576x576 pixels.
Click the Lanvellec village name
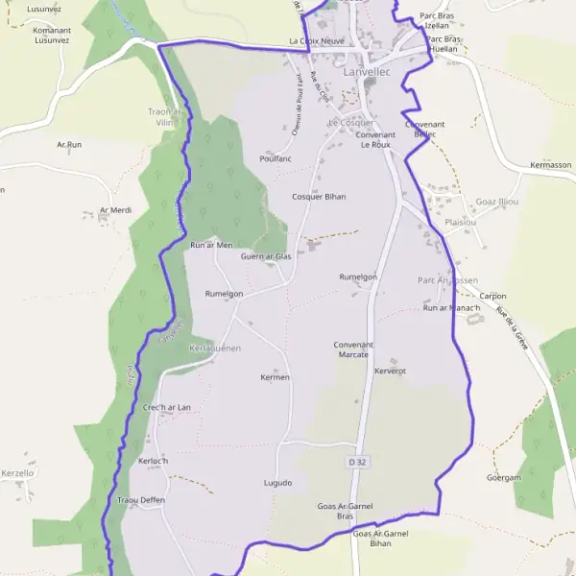tap(365, 72)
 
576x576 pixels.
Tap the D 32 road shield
tap(357, 462)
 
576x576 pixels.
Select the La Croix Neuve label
tap(317, 42)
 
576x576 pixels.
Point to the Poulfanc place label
tap(276, 158)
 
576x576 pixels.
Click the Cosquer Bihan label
tap(319, 196)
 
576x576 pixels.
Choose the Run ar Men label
tap(211, 245)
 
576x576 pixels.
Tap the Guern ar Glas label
tap(266, 256)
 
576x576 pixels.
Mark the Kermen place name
tap(275, 377)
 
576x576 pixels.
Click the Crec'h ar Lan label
tap(166, 407)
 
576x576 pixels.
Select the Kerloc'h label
tap(154, 461)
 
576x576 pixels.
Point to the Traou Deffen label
tap(141, 500)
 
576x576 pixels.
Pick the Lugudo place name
tap(277, 482)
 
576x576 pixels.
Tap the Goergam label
tap(503, 477)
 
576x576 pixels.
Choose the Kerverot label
tap(391, 371)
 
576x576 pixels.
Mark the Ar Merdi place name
tap(115, 209)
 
